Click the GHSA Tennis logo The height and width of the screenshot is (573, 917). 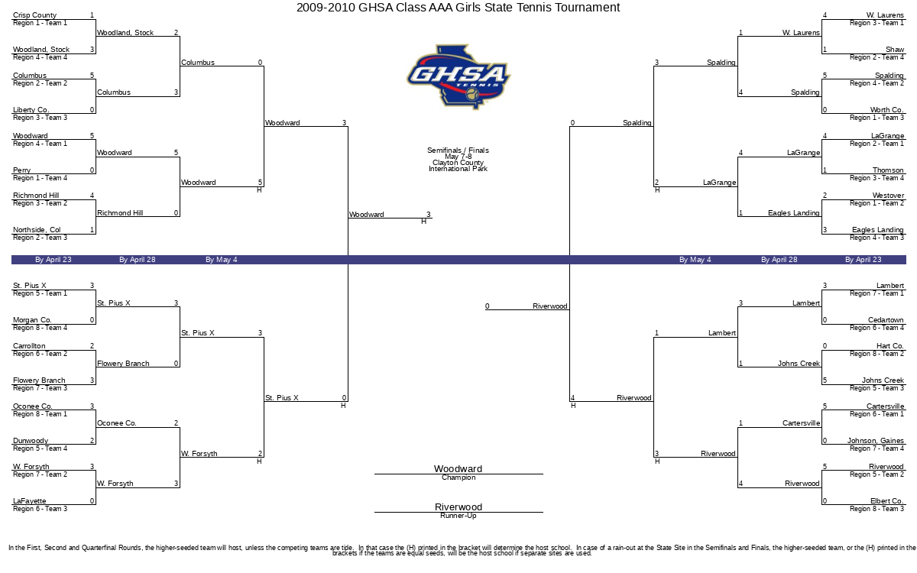(458, 76)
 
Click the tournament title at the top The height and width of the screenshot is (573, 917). (458, 8)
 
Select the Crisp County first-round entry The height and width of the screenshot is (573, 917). (34, 15)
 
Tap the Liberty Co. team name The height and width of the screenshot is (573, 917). (31, 110)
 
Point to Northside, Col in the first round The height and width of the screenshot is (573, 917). (37, 230)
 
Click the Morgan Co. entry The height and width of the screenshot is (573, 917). (32, 320)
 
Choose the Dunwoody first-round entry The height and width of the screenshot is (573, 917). (31, 441)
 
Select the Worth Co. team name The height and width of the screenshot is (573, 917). (886, 110)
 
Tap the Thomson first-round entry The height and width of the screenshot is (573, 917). (888, 170)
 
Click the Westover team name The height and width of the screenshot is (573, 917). (887, 196)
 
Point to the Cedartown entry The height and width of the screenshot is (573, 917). (886, 320)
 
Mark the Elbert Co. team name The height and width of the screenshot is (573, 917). (886, 501)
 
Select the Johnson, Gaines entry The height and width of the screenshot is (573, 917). (875, 441)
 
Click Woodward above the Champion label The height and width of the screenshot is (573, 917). (458, 469)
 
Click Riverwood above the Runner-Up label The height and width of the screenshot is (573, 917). (458, 507)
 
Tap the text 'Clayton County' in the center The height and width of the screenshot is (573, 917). (458, 163)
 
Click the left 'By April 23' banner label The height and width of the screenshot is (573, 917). (53, 260)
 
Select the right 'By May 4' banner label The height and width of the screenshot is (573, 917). (695, 260)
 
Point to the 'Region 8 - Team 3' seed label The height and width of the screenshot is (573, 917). (876, 509)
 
